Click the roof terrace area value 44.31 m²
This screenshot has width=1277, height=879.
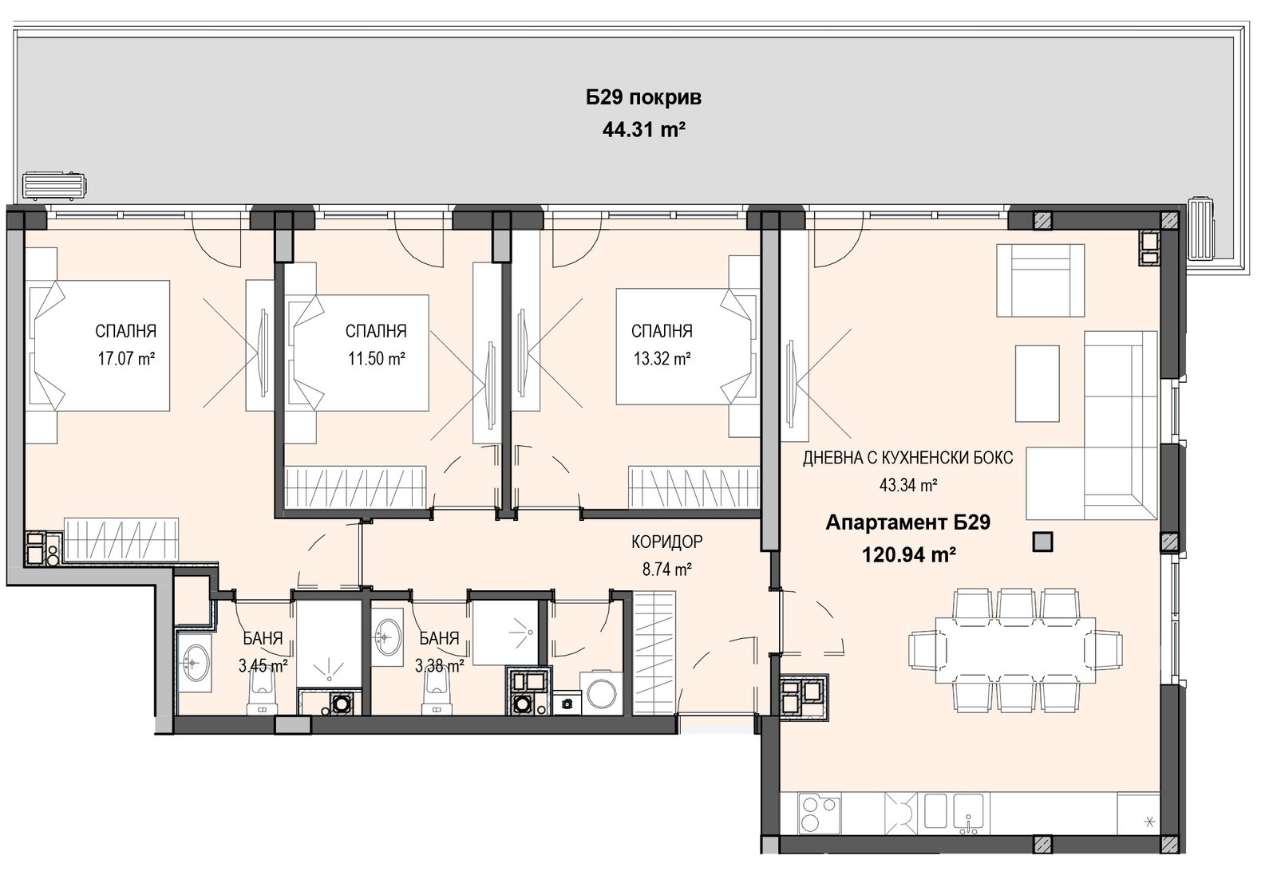(643, 131)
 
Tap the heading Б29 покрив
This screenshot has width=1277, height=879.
(643, 98)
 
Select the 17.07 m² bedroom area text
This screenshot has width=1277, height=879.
(126, 359)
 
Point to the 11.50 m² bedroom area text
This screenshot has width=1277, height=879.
(376, 359)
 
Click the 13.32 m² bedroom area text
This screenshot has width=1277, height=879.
(662, 359)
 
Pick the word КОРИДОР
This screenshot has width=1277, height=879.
(667, 542)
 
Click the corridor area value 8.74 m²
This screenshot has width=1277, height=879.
(667, 569)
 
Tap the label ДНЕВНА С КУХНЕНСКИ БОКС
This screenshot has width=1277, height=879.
(908, 457)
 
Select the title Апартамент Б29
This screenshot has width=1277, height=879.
(908, 522)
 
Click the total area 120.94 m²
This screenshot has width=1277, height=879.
(908, 554)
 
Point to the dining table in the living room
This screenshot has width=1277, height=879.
(1015, 650)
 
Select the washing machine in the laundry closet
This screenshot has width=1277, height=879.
(598, 693)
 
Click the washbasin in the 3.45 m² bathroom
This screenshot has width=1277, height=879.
(195, 663)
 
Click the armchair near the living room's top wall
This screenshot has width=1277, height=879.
(1040, 280)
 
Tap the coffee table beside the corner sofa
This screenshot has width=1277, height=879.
(1037, 384)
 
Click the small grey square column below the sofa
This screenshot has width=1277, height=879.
(1042, 542)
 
